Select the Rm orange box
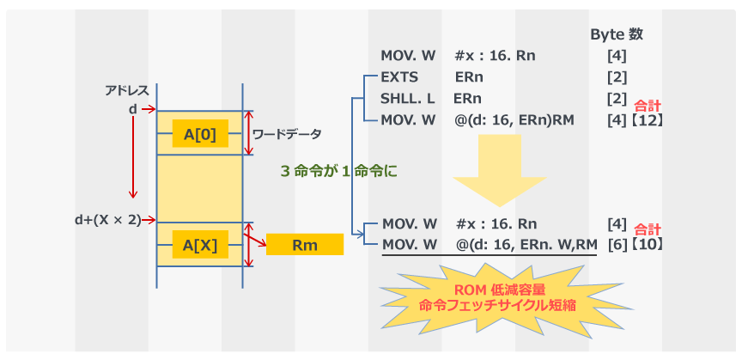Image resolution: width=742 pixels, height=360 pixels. coord(304,246)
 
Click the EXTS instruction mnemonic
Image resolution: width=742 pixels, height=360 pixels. coord(398,76)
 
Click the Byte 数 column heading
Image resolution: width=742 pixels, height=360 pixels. coord(617,34)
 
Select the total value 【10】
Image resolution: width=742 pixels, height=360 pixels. coord(646,245)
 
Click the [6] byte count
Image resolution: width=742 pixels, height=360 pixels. coord(617,245)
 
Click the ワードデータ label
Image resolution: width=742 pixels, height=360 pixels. coord(288,134)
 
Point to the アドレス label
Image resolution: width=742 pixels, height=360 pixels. coord(126,90)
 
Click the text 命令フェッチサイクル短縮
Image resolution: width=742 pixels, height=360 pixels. coord(499,304)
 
